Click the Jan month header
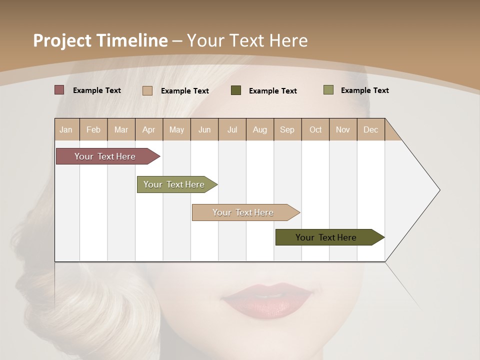(66, 129)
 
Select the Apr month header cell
(149, 129)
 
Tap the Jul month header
(232, 129)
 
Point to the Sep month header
(287, 129)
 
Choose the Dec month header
(371, 129)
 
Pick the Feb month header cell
(93, 129)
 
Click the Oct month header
(315, 129)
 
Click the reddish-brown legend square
(59, 90)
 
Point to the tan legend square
(147, 90)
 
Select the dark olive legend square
(236, 90)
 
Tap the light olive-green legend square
(328, 90)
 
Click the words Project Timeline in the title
(100, 40)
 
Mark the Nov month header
(343, 129)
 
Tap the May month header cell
(176, 129)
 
